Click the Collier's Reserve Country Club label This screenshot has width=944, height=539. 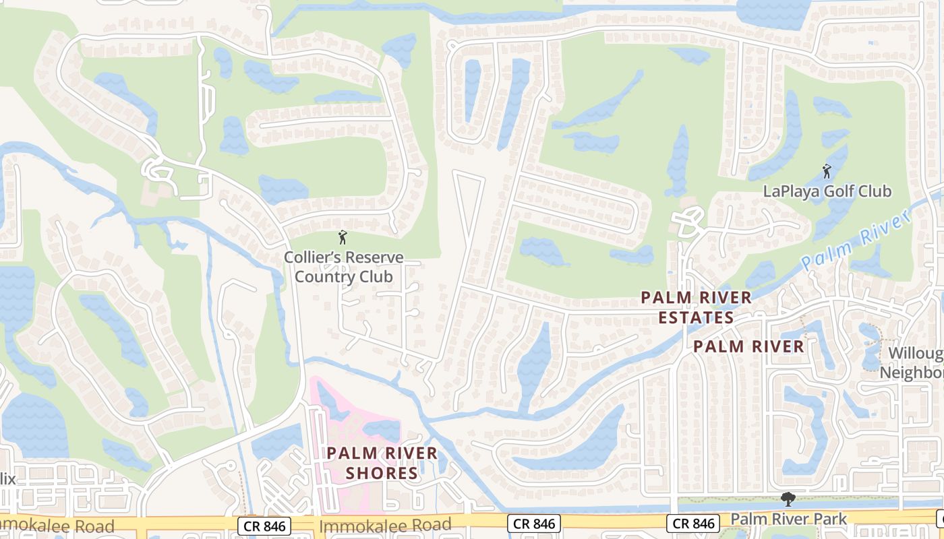pyautogui.click(x=344, y=267)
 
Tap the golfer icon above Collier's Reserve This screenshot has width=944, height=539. pyautogui.click(x=343, y=237)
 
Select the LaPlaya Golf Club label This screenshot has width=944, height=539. pyautogui.click(x=827, y=191)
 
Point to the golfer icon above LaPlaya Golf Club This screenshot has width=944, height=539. pyautogui.click(x=827, y=171)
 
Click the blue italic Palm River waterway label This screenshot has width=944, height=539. pyautogui.click(x=857, y=240)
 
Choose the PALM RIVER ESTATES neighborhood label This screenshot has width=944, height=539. pyautogui.click(x=696, y=307)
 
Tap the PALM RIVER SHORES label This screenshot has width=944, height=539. pyautogui.click(x=382, y=463)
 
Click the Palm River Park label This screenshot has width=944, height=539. pyautogui.click(x=789, y=519)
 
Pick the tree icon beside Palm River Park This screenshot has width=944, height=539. pyautogui.click(x=786, y=499)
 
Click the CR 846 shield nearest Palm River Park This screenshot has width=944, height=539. pyautogui.click(x=692, y=524)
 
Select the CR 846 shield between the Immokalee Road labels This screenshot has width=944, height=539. pyautogui.click(x=264, y=526)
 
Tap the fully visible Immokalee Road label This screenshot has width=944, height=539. pyautogui.click(x=386, y=525)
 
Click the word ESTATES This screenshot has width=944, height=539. pyautogui.click(x=696, y=317)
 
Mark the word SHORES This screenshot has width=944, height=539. pyautogui.click(x=382, y=473)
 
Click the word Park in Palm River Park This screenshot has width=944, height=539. pyautogui.click(x=832, y=519)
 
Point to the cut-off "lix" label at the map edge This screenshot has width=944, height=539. pyautogui.click(x=7, y=479)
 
